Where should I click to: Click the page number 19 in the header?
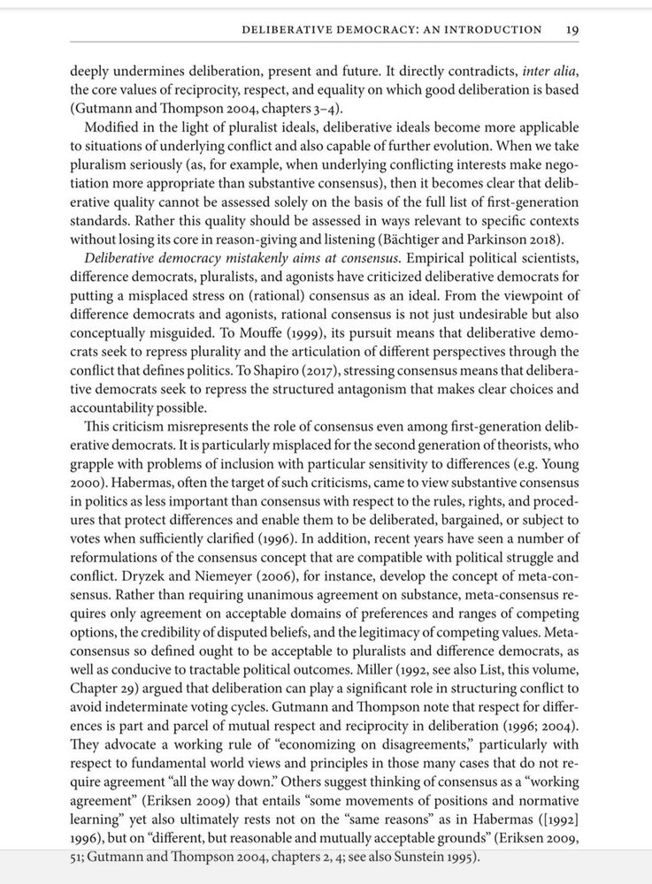coord(571,29)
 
